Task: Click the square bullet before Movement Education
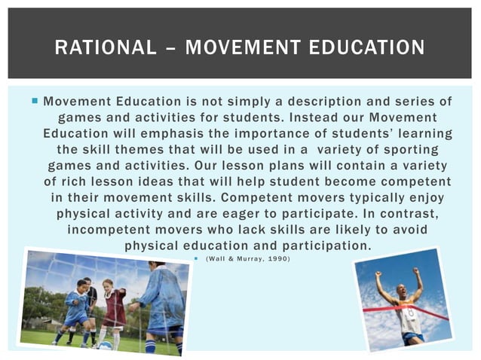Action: [x=35, y=101]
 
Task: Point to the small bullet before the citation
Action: [x=196, y=260]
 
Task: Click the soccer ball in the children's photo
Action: [x=106, y=346]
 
